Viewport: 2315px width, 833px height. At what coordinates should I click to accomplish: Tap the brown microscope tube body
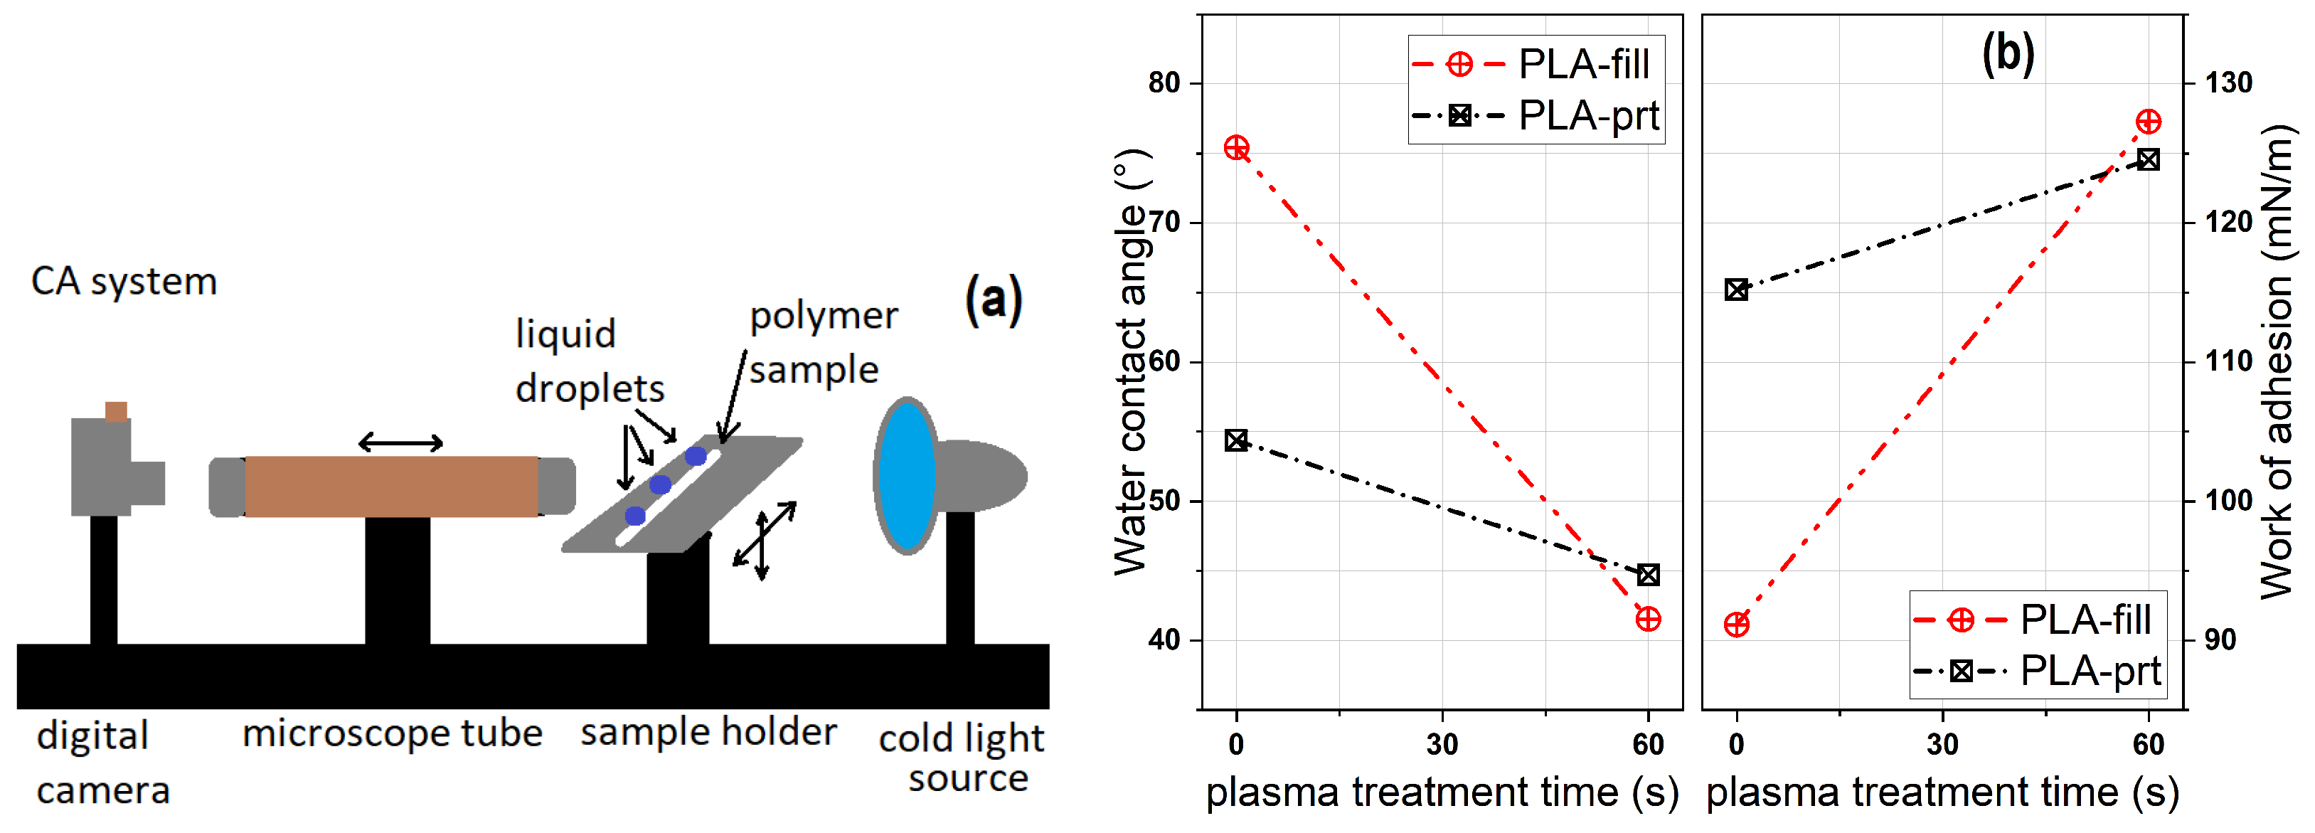[391, 486]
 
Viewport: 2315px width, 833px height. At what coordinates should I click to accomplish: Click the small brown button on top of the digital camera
[116, 412]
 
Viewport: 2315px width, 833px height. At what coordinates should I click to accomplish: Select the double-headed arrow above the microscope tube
[401, 442]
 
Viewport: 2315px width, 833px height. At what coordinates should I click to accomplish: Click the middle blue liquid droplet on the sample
[661, 484]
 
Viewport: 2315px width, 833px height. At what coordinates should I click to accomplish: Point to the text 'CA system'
[124, 281]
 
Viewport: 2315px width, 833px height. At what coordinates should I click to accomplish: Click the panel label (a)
[993, 300]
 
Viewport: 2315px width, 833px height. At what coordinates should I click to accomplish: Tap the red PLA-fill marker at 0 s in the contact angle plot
[1237, 147]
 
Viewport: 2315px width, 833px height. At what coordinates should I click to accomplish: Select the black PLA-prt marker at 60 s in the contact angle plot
[1647, 574]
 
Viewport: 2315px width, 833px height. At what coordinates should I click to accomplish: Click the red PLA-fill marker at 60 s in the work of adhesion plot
[2148, 122]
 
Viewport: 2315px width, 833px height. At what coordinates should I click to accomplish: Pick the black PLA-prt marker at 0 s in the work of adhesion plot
[1736, 290]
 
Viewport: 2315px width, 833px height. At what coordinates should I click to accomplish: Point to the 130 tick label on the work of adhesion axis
[2229, 83]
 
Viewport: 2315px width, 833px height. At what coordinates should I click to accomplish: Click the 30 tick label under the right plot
[1942, 744]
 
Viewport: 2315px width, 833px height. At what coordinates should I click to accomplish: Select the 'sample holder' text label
[708, 731]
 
